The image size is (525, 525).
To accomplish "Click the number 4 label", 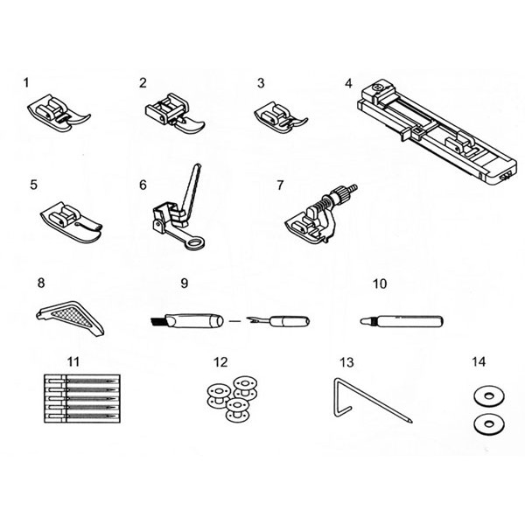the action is pos(348,83).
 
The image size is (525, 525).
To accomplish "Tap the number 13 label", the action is pos(346,362).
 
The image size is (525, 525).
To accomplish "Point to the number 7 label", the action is pos(280,185).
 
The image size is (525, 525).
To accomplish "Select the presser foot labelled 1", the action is pos(59,113).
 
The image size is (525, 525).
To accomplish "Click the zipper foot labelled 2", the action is pos(175,114).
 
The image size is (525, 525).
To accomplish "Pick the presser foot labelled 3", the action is pos(281,118).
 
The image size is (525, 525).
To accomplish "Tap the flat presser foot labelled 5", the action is pos(71,222).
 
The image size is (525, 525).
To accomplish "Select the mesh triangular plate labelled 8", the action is pos(70,317).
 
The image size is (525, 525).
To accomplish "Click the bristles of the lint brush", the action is pos(156,322).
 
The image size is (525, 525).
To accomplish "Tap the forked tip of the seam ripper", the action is pos(251,321).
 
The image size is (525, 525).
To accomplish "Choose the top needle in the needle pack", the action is pos(82,381).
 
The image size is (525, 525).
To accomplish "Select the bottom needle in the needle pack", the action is pos(82,416).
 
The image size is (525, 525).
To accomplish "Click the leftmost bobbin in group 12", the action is pos(218,396).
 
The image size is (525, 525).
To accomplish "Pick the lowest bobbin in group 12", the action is pos(237,409).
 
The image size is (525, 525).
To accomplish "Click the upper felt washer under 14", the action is pos(489,396).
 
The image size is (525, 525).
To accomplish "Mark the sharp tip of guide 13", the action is pos(411,422).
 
